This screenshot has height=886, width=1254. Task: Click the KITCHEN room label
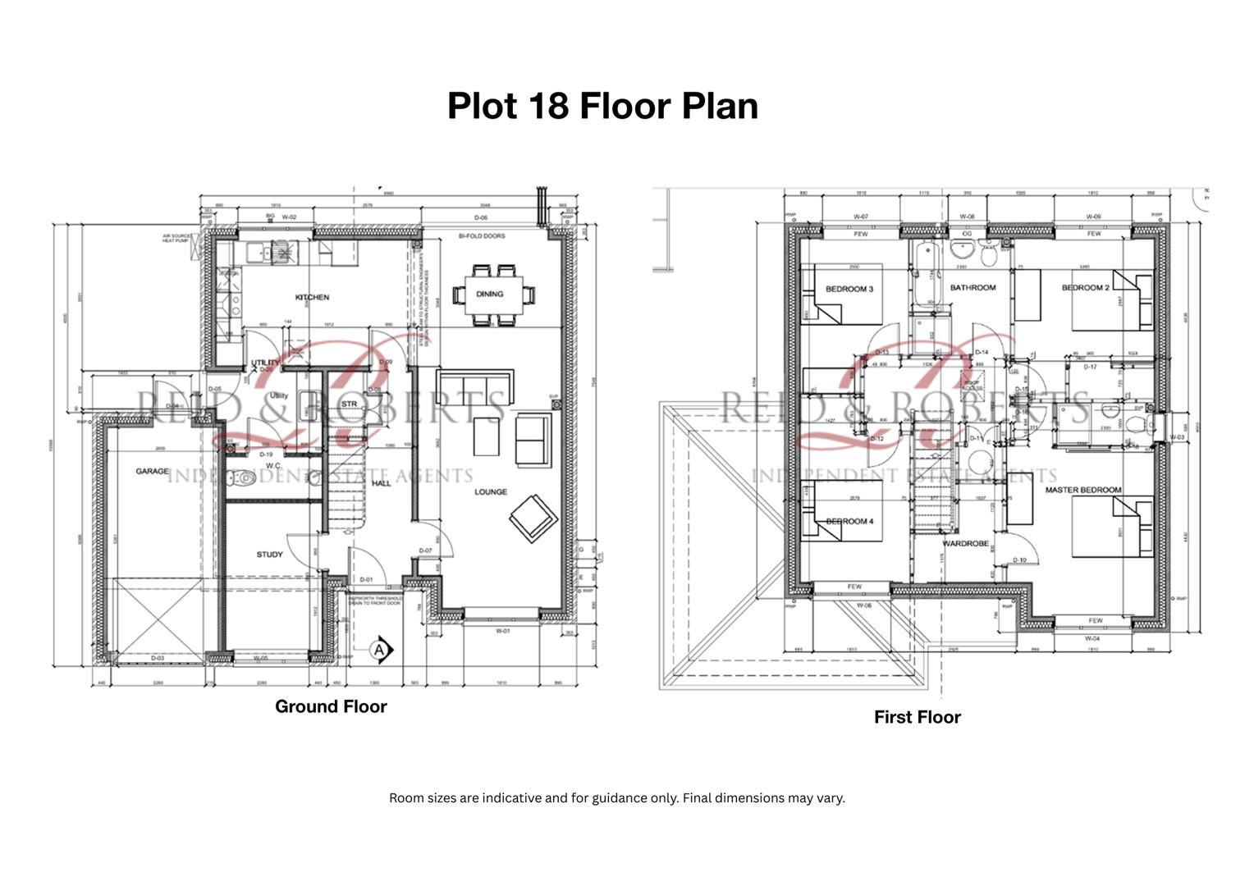[x=312, y=297]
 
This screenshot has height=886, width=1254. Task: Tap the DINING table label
[x=489, y=294]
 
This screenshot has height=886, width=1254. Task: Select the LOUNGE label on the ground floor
[x=491, y=492]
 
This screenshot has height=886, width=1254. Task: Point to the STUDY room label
[x=269, y=555]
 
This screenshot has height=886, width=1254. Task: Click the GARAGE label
[x=152, y=472]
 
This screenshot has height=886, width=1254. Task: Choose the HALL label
[x=382, y=483]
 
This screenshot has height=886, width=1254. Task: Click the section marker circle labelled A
[x=378, y=650]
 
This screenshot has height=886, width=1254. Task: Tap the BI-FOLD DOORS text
[x=482, y=236]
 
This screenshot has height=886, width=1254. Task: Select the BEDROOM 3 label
[x=849, y=290]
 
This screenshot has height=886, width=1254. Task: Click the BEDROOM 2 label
[x=1085, y=288]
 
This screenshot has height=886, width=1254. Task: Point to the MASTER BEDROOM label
[x=1082, y=490]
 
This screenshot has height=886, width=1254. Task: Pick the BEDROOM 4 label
[x=849, y=522]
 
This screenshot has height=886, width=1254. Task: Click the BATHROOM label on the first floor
[x=973, y=288]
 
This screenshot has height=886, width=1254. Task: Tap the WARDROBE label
[x=965, y=544]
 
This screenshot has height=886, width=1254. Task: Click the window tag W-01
[x=502, y=631]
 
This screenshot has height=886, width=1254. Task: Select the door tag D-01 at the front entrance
[x=366, y=580]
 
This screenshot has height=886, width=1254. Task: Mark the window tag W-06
[x=863, y=605]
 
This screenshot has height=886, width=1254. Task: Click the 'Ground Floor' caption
[x=331, y=706]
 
